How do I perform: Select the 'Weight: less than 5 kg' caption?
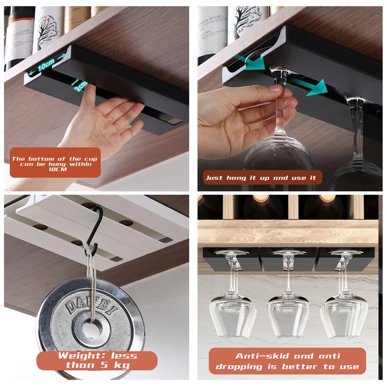(x=97, y=360)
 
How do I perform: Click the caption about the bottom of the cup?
(x=55, y=163)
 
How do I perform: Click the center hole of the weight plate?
(x=91, y=329)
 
